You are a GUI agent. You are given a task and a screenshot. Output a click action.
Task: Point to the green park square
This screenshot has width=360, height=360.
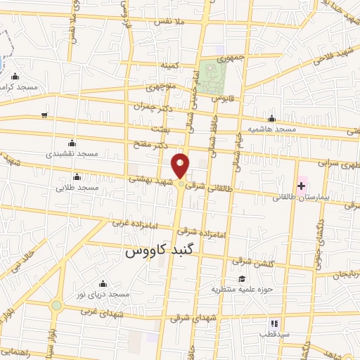click(x=210, y=71)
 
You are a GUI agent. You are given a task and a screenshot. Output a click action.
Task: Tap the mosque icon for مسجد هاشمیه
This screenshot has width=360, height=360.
click(x=271, y=118)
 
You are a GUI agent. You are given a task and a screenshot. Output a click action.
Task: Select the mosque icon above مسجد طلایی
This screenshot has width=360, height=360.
click(x=77, y=176)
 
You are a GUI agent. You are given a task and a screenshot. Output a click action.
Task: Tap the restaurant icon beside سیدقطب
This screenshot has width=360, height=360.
click(x=274, y=324)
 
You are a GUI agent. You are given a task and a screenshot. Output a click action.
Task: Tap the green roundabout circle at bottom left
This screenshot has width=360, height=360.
click(x=56, y=304)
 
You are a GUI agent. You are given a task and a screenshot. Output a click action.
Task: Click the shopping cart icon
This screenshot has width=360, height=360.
click(x=45, y=115)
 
